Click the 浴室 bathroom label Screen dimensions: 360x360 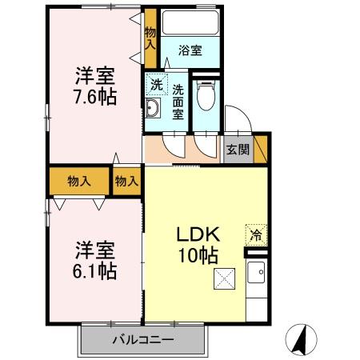coord(190,51)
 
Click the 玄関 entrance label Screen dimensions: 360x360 coord(237,149)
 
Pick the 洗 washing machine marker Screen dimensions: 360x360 coord(155,82)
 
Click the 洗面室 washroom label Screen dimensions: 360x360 coord(178,102)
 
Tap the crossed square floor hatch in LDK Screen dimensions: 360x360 coord(225,279)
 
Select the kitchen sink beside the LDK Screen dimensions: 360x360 coord(258,279)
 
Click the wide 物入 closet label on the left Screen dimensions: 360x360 coord(78,181)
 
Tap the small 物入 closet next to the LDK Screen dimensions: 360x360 coord(126,182)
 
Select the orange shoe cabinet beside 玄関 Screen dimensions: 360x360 coord(260,149)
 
